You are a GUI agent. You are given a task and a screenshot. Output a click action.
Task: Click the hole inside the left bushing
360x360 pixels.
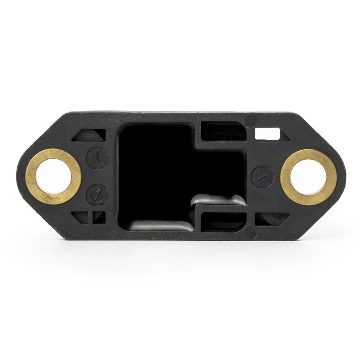[x=53, y=176]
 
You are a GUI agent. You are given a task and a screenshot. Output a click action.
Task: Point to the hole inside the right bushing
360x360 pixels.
[x=308, y=177]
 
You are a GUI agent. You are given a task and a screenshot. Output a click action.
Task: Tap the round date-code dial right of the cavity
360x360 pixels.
[x=262, y=177]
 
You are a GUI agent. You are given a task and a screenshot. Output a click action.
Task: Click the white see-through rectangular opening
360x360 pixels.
[x=267, y=134]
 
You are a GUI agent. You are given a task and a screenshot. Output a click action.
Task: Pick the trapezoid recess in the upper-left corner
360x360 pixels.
[x=90, y=135]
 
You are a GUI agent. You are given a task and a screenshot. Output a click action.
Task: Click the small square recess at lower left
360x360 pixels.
[x=99, y=217]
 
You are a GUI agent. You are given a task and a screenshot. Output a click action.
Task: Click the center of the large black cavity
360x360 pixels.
[x=162, y=173]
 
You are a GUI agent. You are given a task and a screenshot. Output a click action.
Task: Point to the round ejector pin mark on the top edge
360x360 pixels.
[x=250, y=121]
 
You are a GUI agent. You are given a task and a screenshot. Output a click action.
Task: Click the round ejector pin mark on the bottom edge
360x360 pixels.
[x=250, y=233]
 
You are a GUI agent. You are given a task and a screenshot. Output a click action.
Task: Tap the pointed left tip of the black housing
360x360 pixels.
[x=18, y=176]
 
